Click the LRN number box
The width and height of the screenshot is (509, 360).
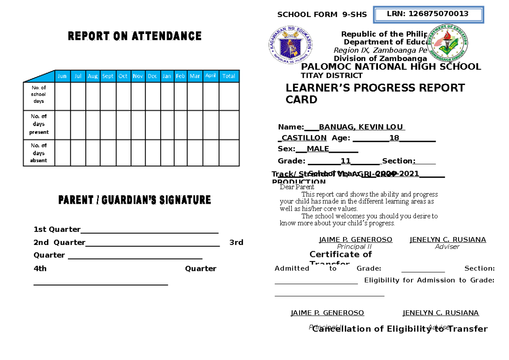(428, 14)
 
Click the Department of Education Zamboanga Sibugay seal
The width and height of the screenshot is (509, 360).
(447, 42)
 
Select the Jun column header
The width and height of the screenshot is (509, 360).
(62, 76)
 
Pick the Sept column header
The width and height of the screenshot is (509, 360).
(108, 76)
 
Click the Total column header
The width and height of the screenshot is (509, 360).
(229, 76)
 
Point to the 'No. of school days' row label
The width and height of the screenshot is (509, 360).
(39, 95)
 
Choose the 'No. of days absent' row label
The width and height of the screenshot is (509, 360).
(39, 153)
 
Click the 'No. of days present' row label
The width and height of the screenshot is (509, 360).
(39, 124)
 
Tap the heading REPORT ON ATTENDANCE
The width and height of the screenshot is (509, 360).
(134, 37)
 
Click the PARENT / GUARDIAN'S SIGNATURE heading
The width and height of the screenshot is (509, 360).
(134, 200)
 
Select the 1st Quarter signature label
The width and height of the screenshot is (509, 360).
(57, 230)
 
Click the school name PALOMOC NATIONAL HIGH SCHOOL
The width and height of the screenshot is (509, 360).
(391, 67)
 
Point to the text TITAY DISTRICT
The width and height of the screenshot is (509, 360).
(331, 76)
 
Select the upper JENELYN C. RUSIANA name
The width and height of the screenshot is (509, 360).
(447, 240)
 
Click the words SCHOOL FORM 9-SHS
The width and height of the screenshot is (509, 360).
(322, 15)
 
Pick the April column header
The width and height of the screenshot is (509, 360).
(210, 76)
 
